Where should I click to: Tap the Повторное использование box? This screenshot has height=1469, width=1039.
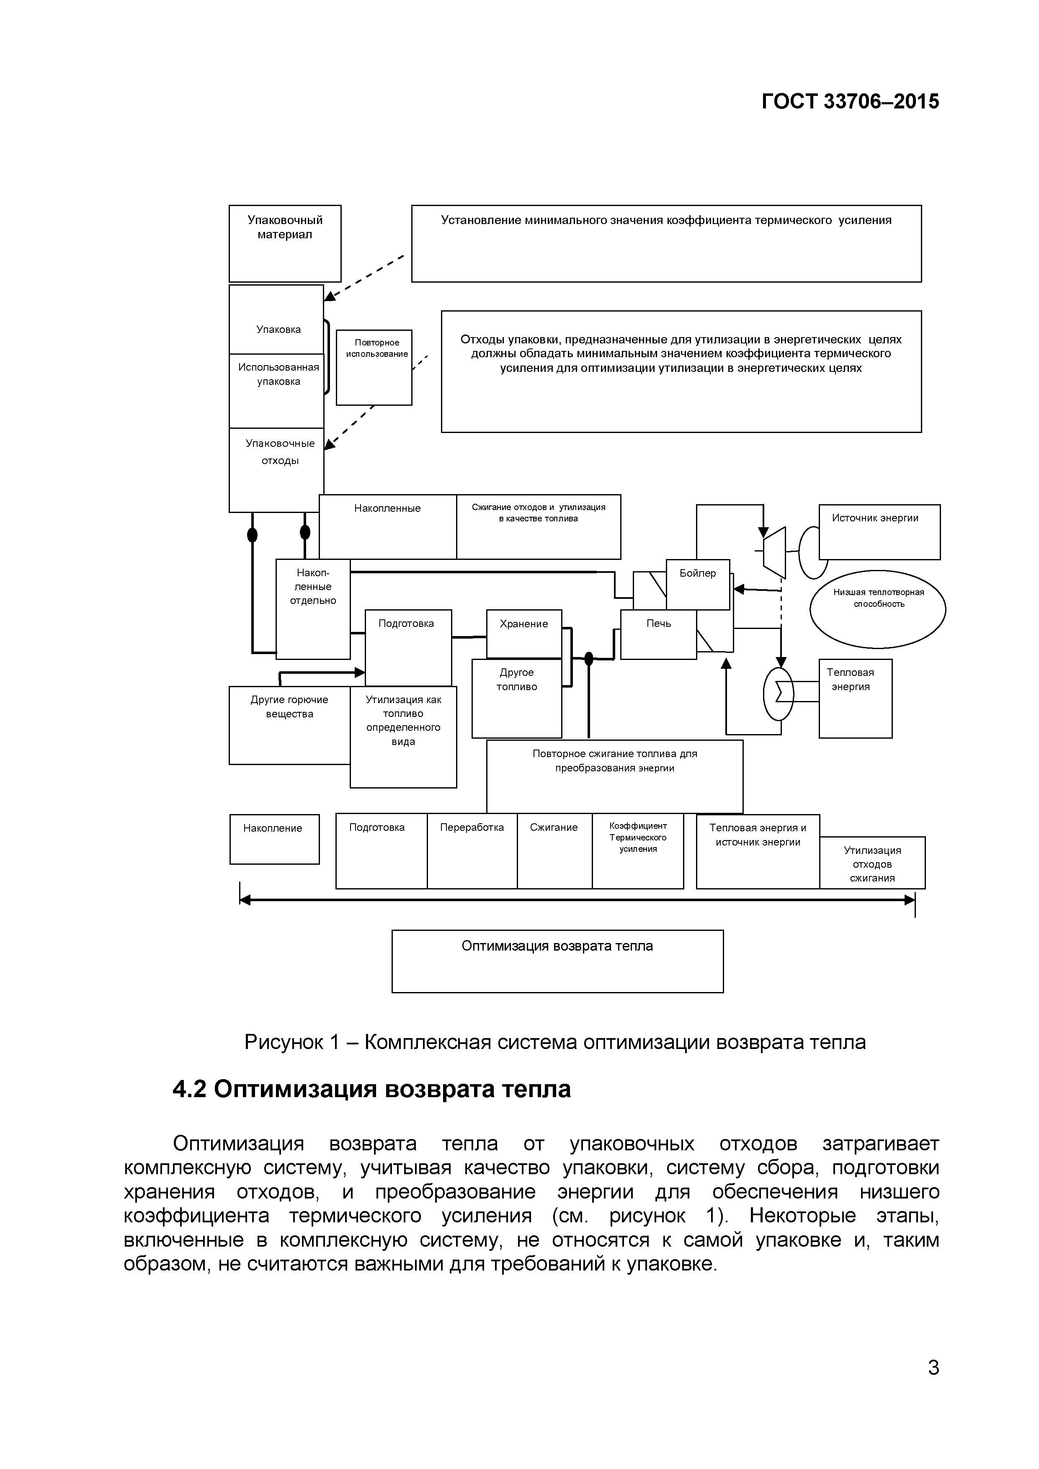click(x=374, y=367)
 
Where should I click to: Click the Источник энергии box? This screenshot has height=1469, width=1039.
click(x=879, y=532)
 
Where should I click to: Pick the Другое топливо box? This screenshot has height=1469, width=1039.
click(x=516, y=698)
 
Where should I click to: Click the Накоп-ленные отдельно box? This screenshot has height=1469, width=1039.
click(x=313, y=608)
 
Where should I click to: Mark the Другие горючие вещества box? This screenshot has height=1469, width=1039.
click(x=289, y=724)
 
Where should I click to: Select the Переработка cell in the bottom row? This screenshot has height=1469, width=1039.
click(x=472, y=850)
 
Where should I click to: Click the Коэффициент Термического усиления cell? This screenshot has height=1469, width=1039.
click(x=637, y=850)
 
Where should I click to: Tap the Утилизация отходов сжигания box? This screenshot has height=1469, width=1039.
click(x=871, y=863)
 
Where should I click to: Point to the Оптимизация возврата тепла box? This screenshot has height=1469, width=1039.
click(x=557, y=961)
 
